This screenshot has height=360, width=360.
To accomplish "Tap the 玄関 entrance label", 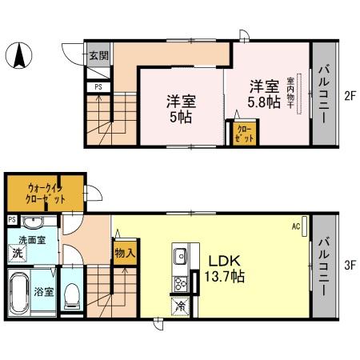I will click(x=98, y=56).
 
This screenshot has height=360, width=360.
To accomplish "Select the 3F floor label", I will click(x=349, y=261).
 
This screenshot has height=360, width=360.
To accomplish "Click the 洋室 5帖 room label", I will click(x=181, y=109).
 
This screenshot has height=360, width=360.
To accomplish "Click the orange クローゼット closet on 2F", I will click(x=243, y=133).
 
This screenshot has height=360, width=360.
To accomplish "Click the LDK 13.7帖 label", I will click(x=226, y=269).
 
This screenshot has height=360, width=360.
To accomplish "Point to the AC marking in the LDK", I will click(x=295, y=226).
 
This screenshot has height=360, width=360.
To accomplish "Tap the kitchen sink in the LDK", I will click(x=179, y=257).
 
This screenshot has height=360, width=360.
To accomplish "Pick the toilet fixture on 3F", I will click(x=71, y=293).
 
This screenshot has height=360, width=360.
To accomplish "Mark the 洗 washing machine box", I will click(x=16, y=254).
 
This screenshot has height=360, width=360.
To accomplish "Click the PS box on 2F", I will click(x=98, y=86).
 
